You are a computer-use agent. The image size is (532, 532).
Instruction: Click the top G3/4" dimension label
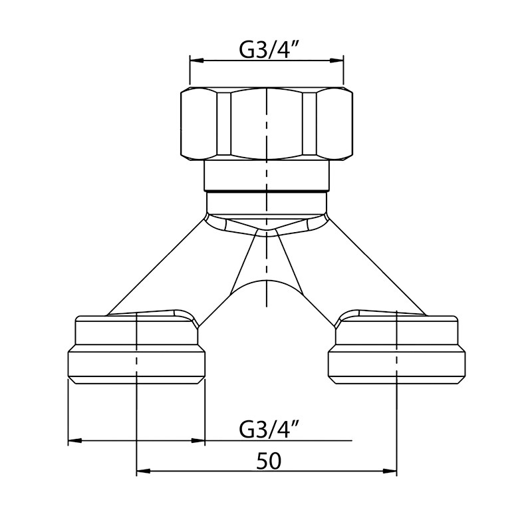point(267,51)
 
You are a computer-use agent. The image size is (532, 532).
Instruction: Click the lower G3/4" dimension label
point(267,430)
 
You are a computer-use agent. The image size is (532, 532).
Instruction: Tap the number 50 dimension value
point(269,461)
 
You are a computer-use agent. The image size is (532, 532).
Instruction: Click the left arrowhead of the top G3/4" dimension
point(196,61)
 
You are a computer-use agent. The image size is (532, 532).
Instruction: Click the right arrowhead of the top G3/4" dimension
point(337,61)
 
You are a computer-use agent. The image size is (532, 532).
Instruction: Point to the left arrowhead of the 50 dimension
point(143,471)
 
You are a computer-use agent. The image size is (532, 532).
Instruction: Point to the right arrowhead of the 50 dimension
point(390,471)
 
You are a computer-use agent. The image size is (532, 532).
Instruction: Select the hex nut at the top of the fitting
point(267,124)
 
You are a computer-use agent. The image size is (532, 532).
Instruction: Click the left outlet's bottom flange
point(136,364)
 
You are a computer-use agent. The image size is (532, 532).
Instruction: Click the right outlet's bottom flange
point(396,364)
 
